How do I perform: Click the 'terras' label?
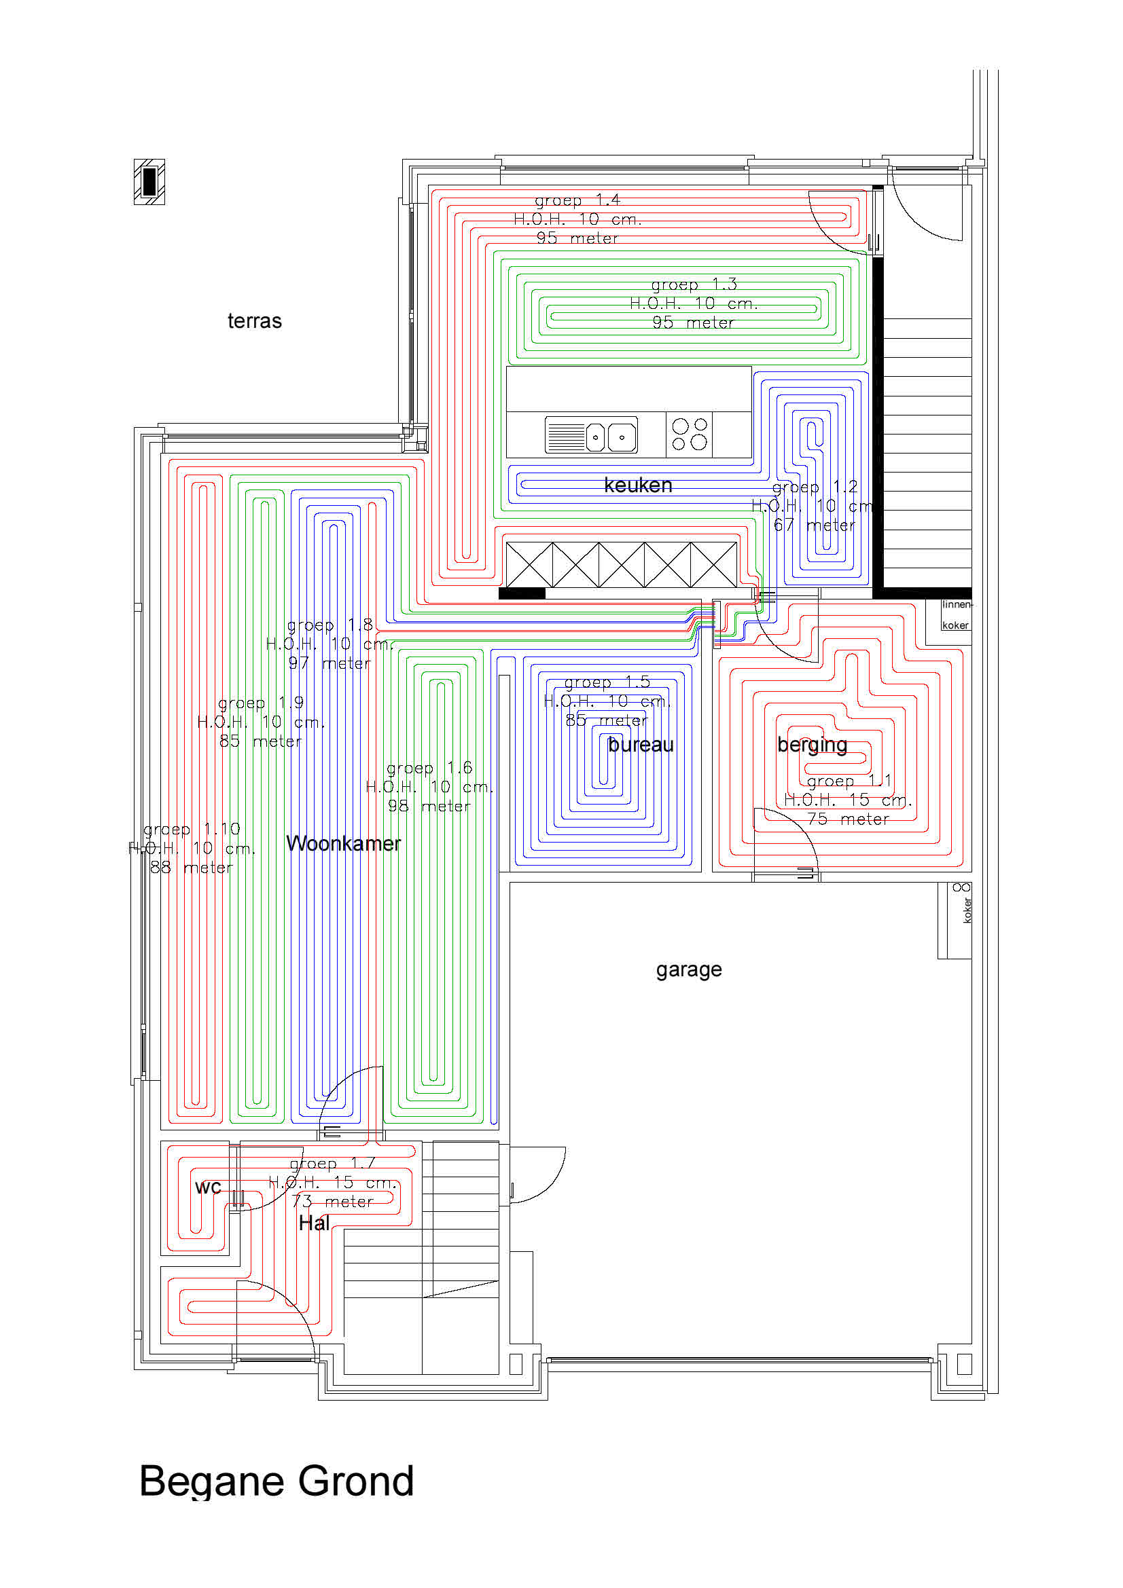(254, 321)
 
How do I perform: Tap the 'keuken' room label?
(637, 485)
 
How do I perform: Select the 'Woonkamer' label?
(343, 843)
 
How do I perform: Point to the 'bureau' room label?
(640, 744)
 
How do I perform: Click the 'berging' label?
(812, 744)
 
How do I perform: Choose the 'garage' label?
(688, 969)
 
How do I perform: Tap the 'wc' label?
(208, 1187)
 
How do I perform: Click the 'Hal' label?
(313, 1223)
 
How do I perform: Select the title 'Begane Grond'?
(276, 1481)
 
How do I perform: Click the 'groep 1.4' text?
(577, 200)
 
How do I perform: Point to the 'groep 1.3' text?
(694, 284)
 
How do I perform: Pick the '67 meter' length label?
(814, 525)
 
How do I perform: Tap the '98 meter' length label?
(429, 806)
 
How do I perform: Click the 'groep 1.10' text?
(191, 828)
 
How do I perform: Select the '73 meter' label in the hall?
(332, 1202)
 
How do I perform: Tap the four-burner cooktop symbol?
(689, 435)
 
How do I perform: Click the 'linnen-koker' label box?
(956, 614)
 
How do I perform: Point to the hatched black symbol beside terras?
(149, 182)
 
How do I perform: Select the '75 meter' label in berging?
(848, 819)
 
